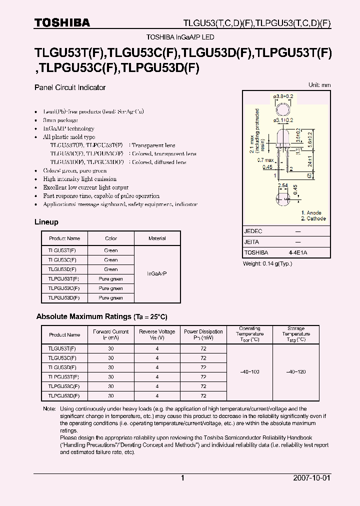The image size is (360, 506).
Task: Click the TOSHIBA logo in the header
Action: [62, 22]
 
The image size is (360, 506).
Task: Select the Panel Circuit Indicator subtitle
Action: [70, 87]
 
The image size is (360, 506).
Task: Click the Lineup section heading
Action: [46, 222]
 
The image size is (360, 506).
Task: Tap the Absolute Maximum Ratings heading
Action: [101, 317]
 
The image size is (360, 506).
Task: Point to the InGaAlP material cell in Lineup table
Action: [157, 274]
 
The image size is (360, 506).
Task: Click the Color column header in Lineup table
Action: [111, 238]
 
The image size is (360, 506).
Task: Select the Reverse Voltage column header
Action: [157, 334]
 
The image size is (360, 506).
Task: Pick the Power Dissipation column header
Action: [203, 334]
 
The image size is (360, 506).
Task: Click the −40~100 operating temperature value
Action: [249, 372]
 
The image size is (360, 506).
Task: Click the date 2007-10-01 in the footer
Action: [311, 478]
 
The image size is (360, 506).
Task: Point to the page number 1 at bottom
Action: [182, 478]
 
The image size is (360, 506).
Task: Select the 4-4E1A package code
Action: [298, 252]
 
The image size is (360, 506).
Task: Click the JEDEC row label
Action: [253, 231]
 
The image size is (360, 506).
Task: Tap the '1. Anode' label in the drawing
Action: [311, 213]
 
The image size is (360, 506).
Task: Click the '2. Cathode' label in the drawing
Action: [313, 218]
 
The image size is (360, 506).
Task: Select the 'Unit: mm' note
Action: [319, 85]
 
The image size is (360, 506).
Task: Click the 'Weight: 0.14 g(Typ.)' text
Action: [268, 263]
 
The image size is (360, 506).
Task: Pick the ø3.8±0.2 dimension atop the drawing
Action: [283, 95]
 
